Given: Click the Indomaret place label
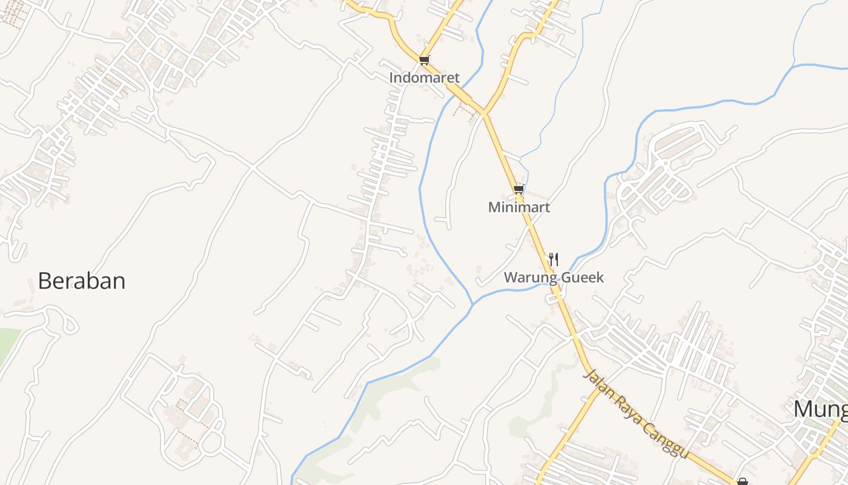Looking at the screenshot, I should pos(424,78).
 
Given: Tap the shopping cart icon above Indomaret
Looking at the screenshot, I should pos(424,60).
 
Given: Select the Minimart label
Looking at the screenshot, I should pos(519,207).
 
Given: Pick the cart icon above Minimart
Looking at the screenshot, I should pos(518,190).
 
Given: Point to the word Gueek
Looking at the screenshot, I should pos(583,278).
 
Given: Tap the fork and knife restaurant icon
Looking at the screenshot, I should pos(553,259).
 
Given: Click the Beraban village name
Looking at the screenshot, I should pos(82,281).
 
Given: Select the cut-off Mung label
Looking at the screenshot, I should pos(821,409).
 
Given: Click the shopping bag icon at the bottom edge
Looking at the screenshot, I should pos(743,482).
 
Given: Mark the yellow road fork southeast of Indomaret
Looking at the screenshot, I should pos(483,113).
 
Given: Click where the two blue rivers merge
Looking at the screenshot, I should pos(472,303).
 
